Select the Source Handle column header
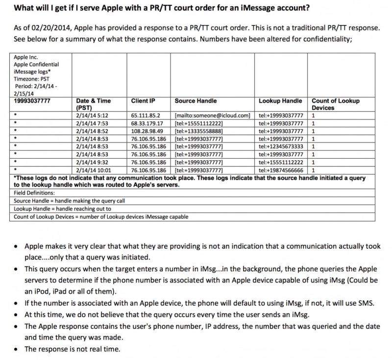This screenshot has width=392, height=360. coord(196,101)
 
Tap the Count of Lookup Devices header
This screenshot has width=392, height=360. coord(335,104)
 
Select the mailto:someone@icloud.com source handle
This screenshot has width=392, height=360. coord(212,115)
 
